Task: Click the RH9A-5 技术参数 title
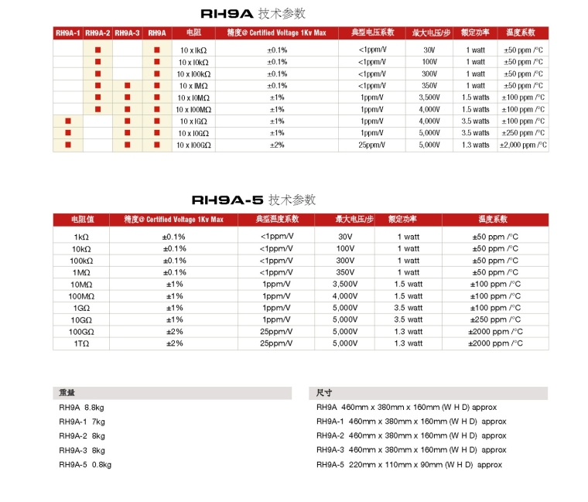(x=253, y=200)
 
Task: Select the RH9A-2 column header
(x=97, y=33)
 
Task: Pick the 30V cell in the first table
(x=429, y=50)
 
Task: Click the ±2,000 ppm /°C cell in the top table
(x=524, y=145)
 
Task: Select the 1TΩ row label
(x=81, y=343)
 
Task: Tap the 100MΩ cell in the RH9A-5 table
(x=81, y=296)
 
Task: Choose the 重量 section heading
(x=67, y=392)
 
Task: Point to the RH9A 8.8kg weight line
(x=82, y=407)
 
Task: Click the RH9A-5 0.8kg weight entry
(x=85, y=465)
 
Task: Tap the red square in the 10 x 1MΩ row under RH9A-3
(x=127, y=85)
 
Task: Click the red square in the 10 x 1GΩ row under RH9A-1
(x=68, y=121)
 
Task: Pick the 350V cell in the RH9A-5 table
(x=345, y=272)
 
